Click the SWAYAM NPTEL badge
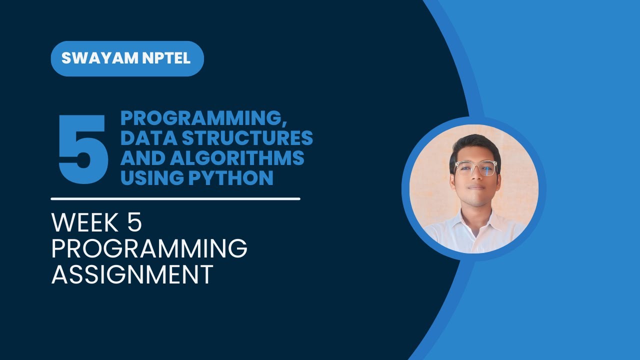[x=127, y=58]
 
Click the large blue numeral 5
[x=83, y=148]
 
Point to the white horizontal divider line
[x=175, y=198]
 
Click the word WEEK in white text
[x=85, y=223]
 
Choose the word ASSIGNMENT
[x=132, y=274]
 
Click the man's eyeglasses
[x=475, y=168]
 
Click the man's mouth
[x=475, y=188]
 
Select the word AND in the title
[x=142, y=158]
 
